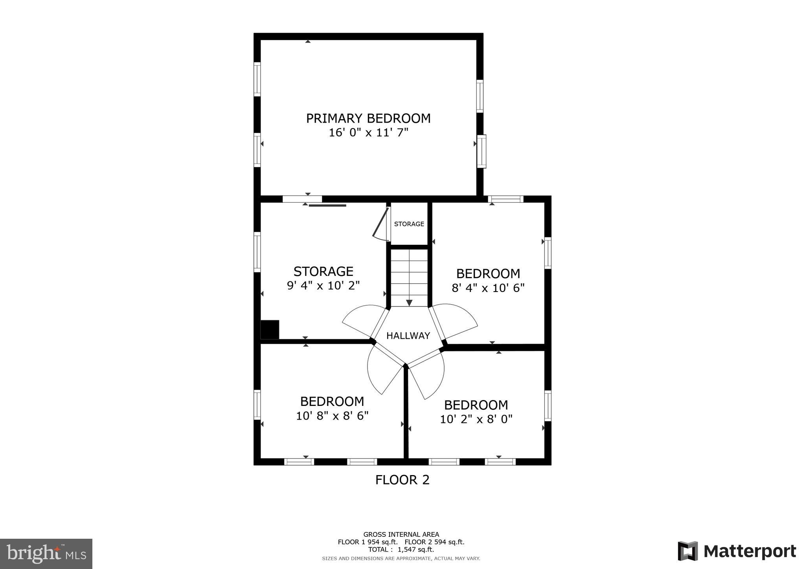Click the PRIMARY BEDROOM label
(368, 118)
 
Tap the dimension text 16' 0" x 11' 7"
(368, 133)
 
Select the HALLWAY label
(408, 336)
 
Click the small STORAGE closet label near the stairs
(409, 224)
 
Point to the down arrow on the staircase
(409, 303)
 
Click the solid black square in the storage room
(270, 330)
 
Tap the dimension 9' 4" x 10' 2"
(323, 285)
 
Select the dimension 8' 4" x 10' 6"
(488, 288)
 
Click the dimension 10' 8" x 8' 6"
(332, 416)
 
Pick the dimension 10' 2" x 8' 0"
(476, 419)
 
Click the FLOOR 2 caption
(402, 480)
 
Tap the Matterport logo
(737, 551)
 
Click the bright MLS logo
(46, 554)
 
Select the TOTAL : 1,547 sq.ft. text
(401, 549)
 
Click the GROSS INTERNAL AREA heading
(401, 534)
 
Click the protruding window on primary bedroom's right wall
(482, 151)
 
